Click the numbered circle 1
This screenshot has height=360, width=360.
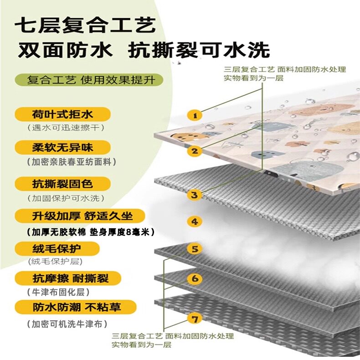(195, 116)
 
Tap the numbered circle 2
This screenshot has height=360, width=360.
(195, 151)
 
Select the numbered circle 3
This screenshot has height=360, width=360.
(195, 195)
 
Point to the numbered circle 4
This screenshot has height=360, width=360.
(195, 221)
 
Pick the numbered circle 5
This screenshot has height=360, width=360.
(195, 249)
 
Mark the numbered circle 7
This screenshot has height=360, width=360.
(195, 318)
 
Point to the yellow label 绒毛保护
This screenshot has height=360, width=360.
(57, 248)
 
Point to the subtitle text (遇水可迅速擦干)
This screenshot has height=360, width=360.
(66, 128)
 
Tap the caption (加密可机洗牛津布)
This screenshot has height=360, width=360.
(67, 324)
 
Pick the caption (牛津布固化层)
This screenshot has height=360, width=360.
(58, 292)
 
